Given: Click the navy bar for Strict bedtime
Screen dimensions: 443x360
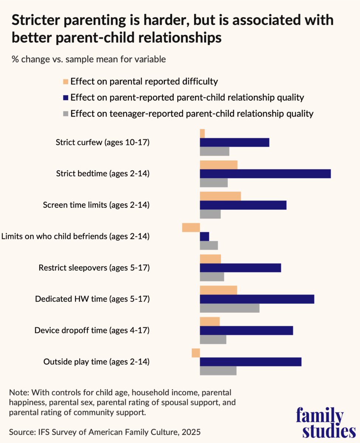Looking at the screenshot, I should [265, 174].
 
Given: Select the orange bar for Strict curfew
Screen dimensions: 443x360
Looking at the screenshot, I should [202, 133].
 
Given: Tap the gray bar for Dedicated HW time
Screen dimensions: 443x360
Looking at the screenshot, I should [230, 308].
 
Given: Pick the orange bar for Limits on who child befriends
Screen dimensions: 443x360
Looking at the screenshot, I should [191, 227].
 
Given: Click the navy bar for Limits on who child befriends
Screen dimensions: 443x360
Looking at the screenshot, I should [205, 236].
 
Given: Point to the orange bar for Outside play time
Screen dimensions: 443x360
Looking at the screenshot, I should [196, 353].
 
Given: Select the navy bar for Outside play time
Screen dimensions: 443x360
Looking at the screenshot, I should [251, 362].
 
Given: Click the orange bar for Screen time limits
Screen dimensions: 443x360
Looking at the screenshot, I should [220, 196].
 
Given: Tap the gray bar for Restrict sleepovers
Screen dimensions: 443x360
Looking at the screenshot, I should [212, 277].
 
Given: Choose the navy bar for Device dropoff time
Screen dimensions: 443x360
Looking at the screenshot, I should [246, 330].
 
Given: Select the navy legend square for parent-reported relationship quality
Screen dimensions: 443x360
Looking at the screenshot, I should [66, 98].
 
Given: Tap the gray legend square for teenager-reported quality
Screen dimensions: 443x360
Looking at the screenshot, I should [66, 114].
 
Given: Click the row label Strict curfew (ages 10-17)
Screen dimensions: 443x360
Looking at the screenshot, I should [103, 142].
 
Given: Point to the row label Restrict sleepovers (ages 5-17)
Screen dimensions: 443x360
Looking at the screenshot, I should [94, 268].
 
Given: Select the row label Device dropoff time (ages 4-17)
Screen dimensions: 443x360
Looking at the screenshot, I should [92, 330].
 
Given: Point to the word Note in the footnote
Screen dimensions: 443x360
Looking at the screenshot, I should [20, 391].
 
